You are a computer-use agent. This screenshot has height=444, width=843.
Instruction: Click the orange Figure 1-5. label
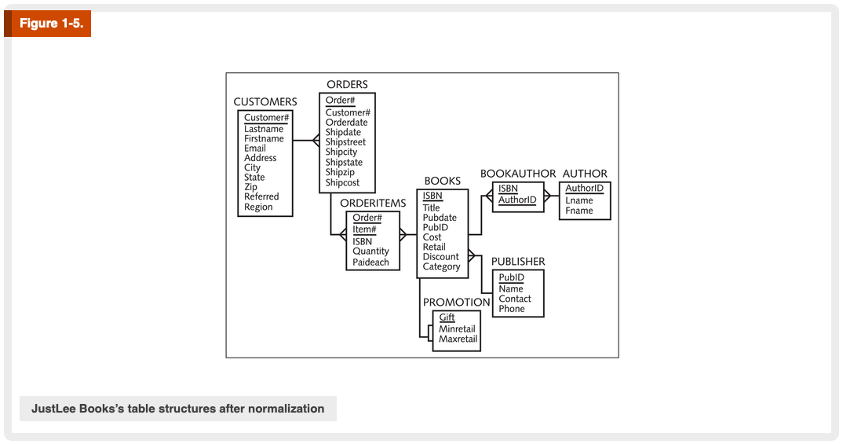click(x=49, y=24)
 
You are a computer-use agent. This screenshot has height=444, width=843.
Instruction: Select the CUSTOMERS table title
click(x=265, y=102)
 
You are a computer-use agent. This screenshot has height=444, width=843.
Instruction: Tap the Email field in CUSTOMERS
click(x=255, y=149)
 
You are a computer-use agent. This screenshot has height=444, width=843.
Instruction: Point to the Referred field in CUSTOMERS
click(x=261, y=197)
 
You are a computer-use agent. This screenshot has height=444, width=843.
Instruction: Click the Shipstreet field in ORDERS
click(x=345, y=142)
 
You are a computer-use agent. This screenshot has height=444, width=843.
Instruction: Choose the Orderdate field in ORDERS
click(x=346, y=123)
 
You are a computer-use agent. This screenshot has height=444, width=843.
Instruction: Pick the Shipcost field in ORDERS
click(x=342, y=183)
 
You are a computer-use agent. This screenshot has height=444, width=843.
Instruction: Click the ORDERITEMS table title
click(x=373, y=204)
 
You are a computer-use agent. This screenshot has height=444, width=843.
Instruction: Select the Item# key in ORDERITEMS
click(x=364, y=229)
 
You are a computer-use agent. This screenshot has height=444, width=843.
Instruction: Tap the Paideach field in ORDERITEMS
click(x=370, y=262)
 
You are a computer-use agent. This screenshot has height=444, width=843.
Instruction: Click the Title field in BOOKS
click(x=432, y=208)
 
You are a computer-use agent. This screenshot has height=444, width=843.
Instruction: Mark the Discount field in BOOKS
click(x=440, y=257)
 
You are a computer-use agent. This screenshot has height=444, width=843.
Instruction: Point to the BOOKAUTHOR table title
click(x=518, y=174)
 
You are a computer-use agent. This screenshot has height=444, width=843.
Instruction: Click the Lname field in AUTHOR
click(x=579, y=200)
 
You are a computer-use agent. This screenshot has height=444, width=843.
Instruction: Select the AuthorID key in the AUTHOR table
click(x=585, y=189)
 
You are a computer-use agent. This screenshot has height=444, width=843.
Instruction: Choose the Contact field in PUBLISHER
click(x=515, y=299)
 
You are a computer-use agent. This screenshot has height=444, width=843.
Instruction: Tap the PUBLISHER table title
click(x=518, y=262)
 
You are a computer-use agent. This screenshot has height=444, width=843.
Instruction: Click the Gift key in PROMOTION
click(x=447, y=317)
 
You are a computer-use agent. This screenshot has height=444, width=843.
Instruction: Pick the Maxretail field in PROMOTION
click(x=458, y=339)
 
